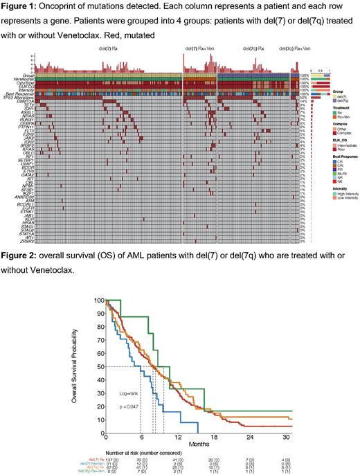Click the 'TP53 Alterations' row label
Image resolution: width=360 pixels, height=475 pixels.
click(19, 96)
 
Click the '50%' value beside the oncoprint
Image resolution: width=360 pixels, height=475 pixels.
click(302, 97)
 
